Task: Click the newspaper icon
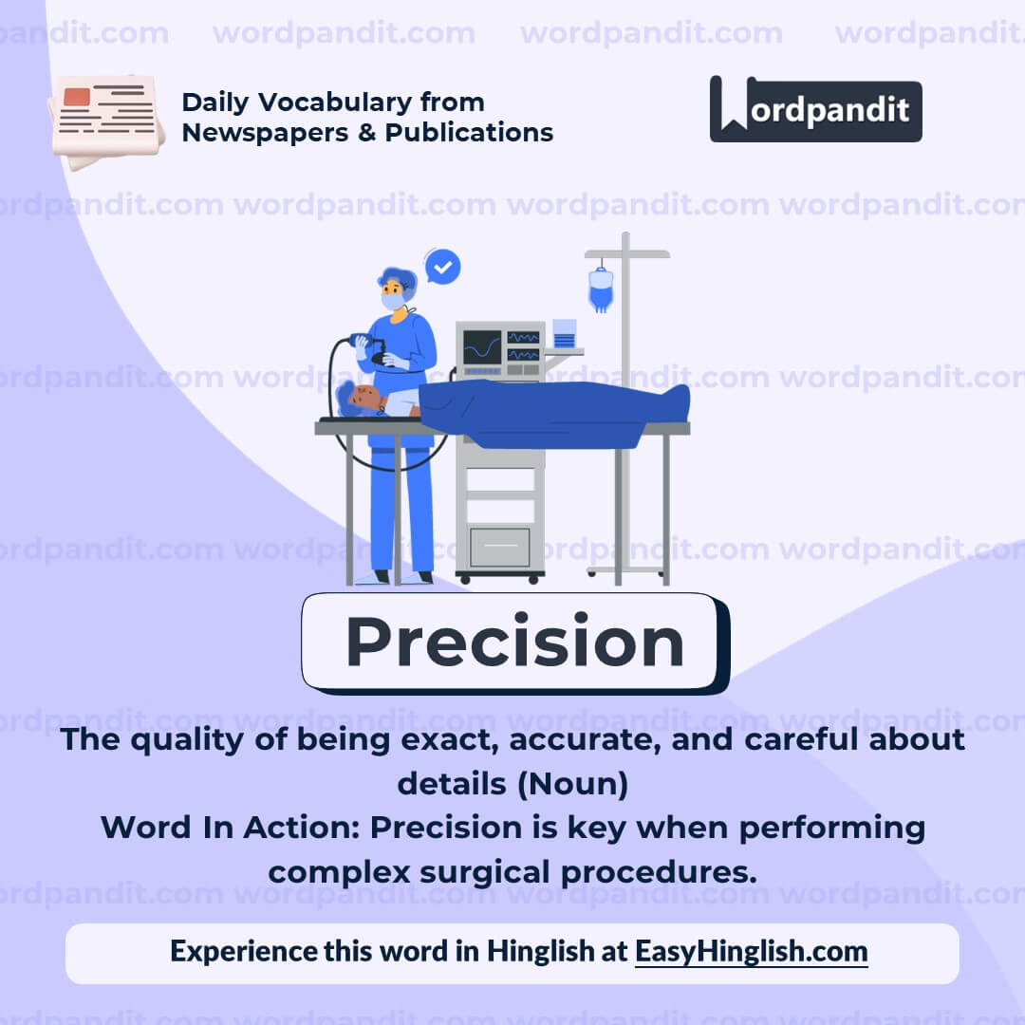(106, 121)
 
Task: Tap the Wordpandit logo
(815, 109)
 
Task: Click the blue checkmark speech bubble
(442, 267)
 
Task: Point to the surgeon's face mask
(392, 301)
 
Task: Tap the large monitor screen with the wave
(481, 348)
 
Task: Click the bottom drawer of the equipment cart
(499, 547)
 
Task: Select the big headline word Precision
(513, 643)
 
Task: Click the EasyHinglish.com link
(751, 951)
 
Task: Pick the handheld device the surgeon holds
(363, 342)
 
